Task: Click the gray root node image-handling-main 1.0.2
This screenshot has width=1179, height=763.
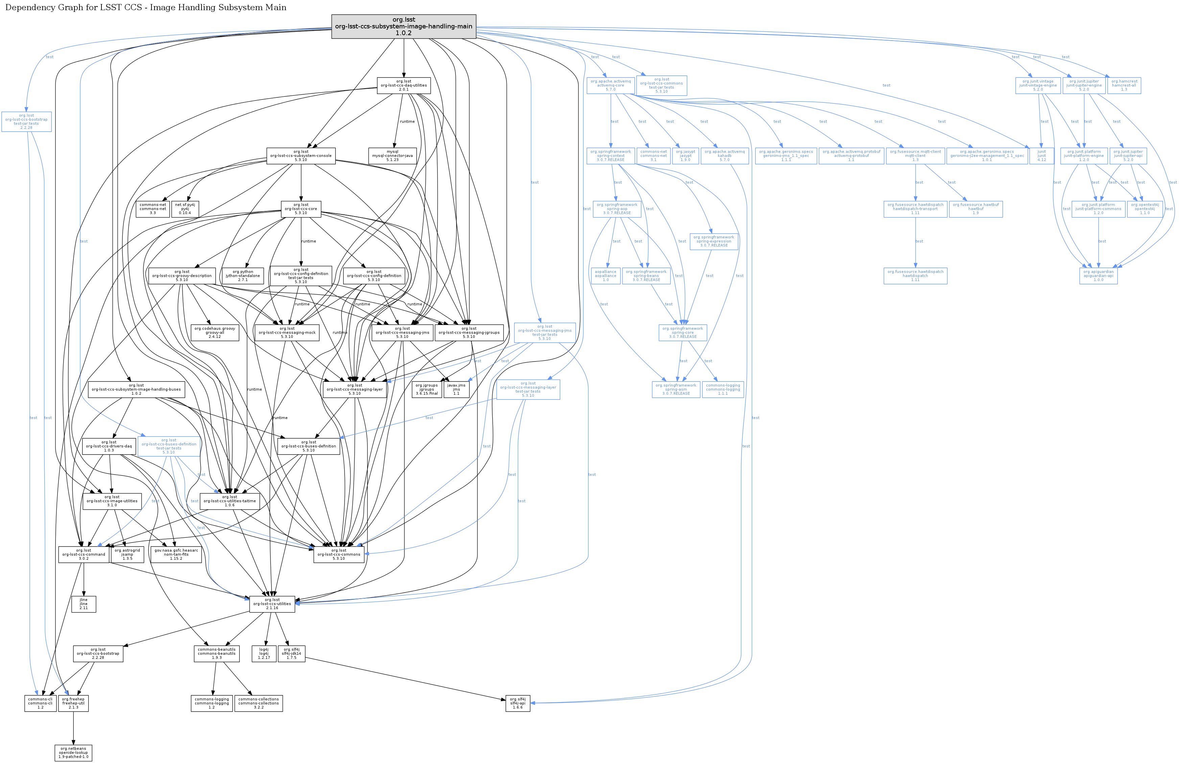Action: tap(404, 26)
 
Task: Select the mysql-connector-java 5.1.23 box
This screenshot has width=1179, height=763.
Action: tap(392, 156)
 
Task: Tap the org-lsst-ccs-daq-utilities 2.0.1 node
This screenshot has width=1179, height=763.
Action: tap(404, 85)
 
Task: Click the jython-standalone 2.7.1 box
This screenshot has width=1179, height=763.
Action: tap(243, 276)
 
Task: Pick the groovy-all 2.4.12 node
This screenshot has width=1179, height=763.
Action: tap(214, 332)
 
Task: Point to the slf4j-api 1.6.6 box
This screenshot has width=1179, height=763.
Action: tap(517, 703)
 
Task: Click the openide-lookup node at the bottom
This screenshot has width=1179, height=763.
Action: tap(73, 753)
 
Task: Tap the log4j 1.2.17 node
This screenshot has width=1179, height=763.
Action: tap(264, 653)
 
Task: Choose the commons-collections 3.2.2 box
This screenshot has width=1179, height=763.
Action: tap(258, 703)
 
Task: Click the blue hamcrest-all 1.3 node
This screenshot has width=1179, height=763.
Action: tap(1124, 85)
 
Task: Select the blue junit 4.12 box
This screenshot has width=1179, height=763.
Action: tap(1041, 156)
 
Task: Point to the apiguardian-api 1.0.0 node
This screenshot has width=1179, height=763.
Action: tap(1098, 276)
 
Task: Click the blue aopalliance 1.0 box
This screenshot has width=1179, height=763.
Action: tap(606, 276)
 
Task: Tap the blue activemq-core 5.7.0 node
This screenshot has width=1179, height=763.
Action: tap(611, 85)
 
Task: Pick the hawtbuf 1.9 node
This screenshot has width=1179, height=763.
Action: tap(975, 209)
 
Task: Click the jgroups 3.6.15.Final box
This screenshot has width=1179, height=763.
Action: tap(426, 389)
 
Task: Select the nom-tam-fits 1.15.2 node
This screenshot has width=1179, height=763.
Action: tap(176, 554)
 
